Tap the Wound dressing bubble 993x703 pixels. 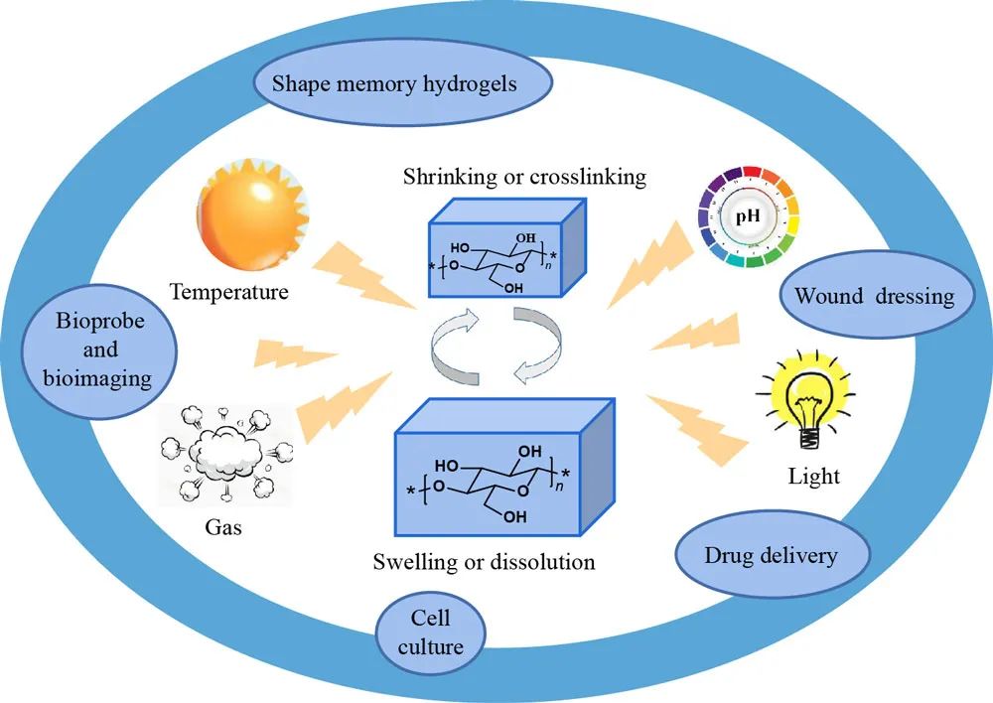874,295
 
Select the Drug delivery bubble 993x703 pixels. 771,553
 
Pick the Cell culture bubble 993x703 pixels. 431,633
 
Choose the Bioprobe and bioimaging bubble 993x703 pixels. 100,351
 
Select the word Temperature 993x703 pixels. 228,292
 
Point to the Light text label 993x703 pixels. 813,476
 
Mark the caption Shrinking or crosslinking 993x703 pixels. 524,178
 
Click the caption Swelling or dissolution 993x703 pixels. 484,562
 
